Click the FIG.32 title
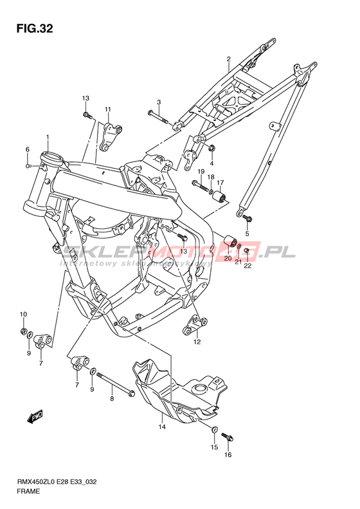34,29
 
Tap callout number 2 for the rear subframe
228,59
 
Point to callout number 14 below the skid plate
162,427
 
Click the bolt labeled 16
228,437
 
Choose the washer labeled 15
214,430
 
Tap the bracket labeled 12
195,326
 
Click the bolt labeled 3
158,117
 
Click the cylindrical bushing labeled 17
220,197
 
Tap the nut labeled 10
23,331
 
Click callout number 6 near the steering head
28,149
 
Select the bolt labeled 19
201,185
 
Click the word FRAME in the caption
29,491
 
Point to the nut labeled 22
246,250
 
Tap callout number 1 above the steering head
48,137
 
